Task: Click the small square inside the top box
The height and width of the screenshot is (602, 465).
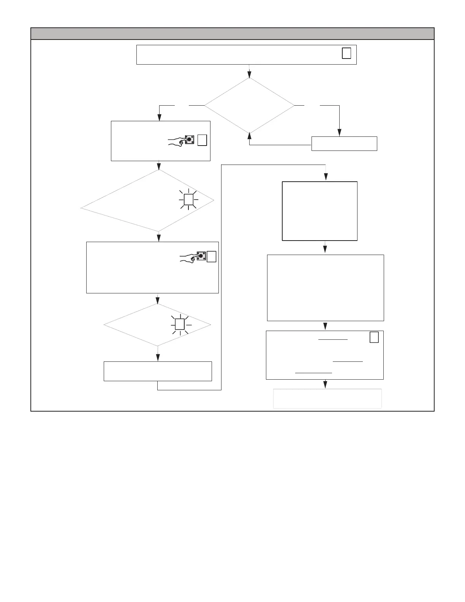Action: tap(346, 53)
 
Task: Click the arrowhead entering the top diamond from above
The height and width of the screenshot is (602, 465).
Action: tap(249, 75)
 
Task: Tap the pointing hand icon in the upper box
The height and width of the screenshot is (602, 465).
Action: tap(177, 141)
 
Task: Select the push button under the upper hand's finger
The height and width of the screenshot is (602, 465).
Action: tap(190, 139)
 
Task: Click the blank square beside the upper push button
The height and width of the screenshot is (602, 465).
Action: tap(202, 140)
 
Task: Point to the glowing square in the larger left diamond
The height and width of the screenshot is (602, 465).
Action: tap(189, 199)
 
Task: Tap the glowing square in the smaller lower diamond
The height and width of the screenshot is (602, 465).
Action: tap(180, 324)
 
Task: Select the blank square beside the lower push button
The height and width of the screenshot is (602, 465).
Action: tap(212, 257)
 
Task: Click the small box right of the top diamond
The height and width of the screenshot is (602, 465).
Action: tap(344, 144)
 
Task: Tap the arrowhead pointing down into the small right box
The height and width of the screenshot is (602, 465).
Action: tap(339, 133)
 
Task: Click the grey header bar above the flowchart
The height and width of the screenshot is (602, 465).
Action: tap(232, 33)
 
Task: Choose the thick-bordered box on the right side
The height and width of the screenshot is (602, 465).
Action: tap(319, 211)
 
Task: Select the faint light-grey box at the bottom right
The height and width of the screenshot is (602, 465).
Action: tap(327, 399)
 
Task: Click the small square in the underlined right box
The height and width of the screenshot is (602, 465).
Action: tap(374, 337)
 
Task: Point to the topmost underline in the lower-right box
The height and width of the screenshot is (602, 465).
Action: tap(333, 339)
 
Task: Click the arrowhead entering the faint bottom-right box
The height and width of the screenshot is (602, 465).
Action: tap(325, 385)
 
